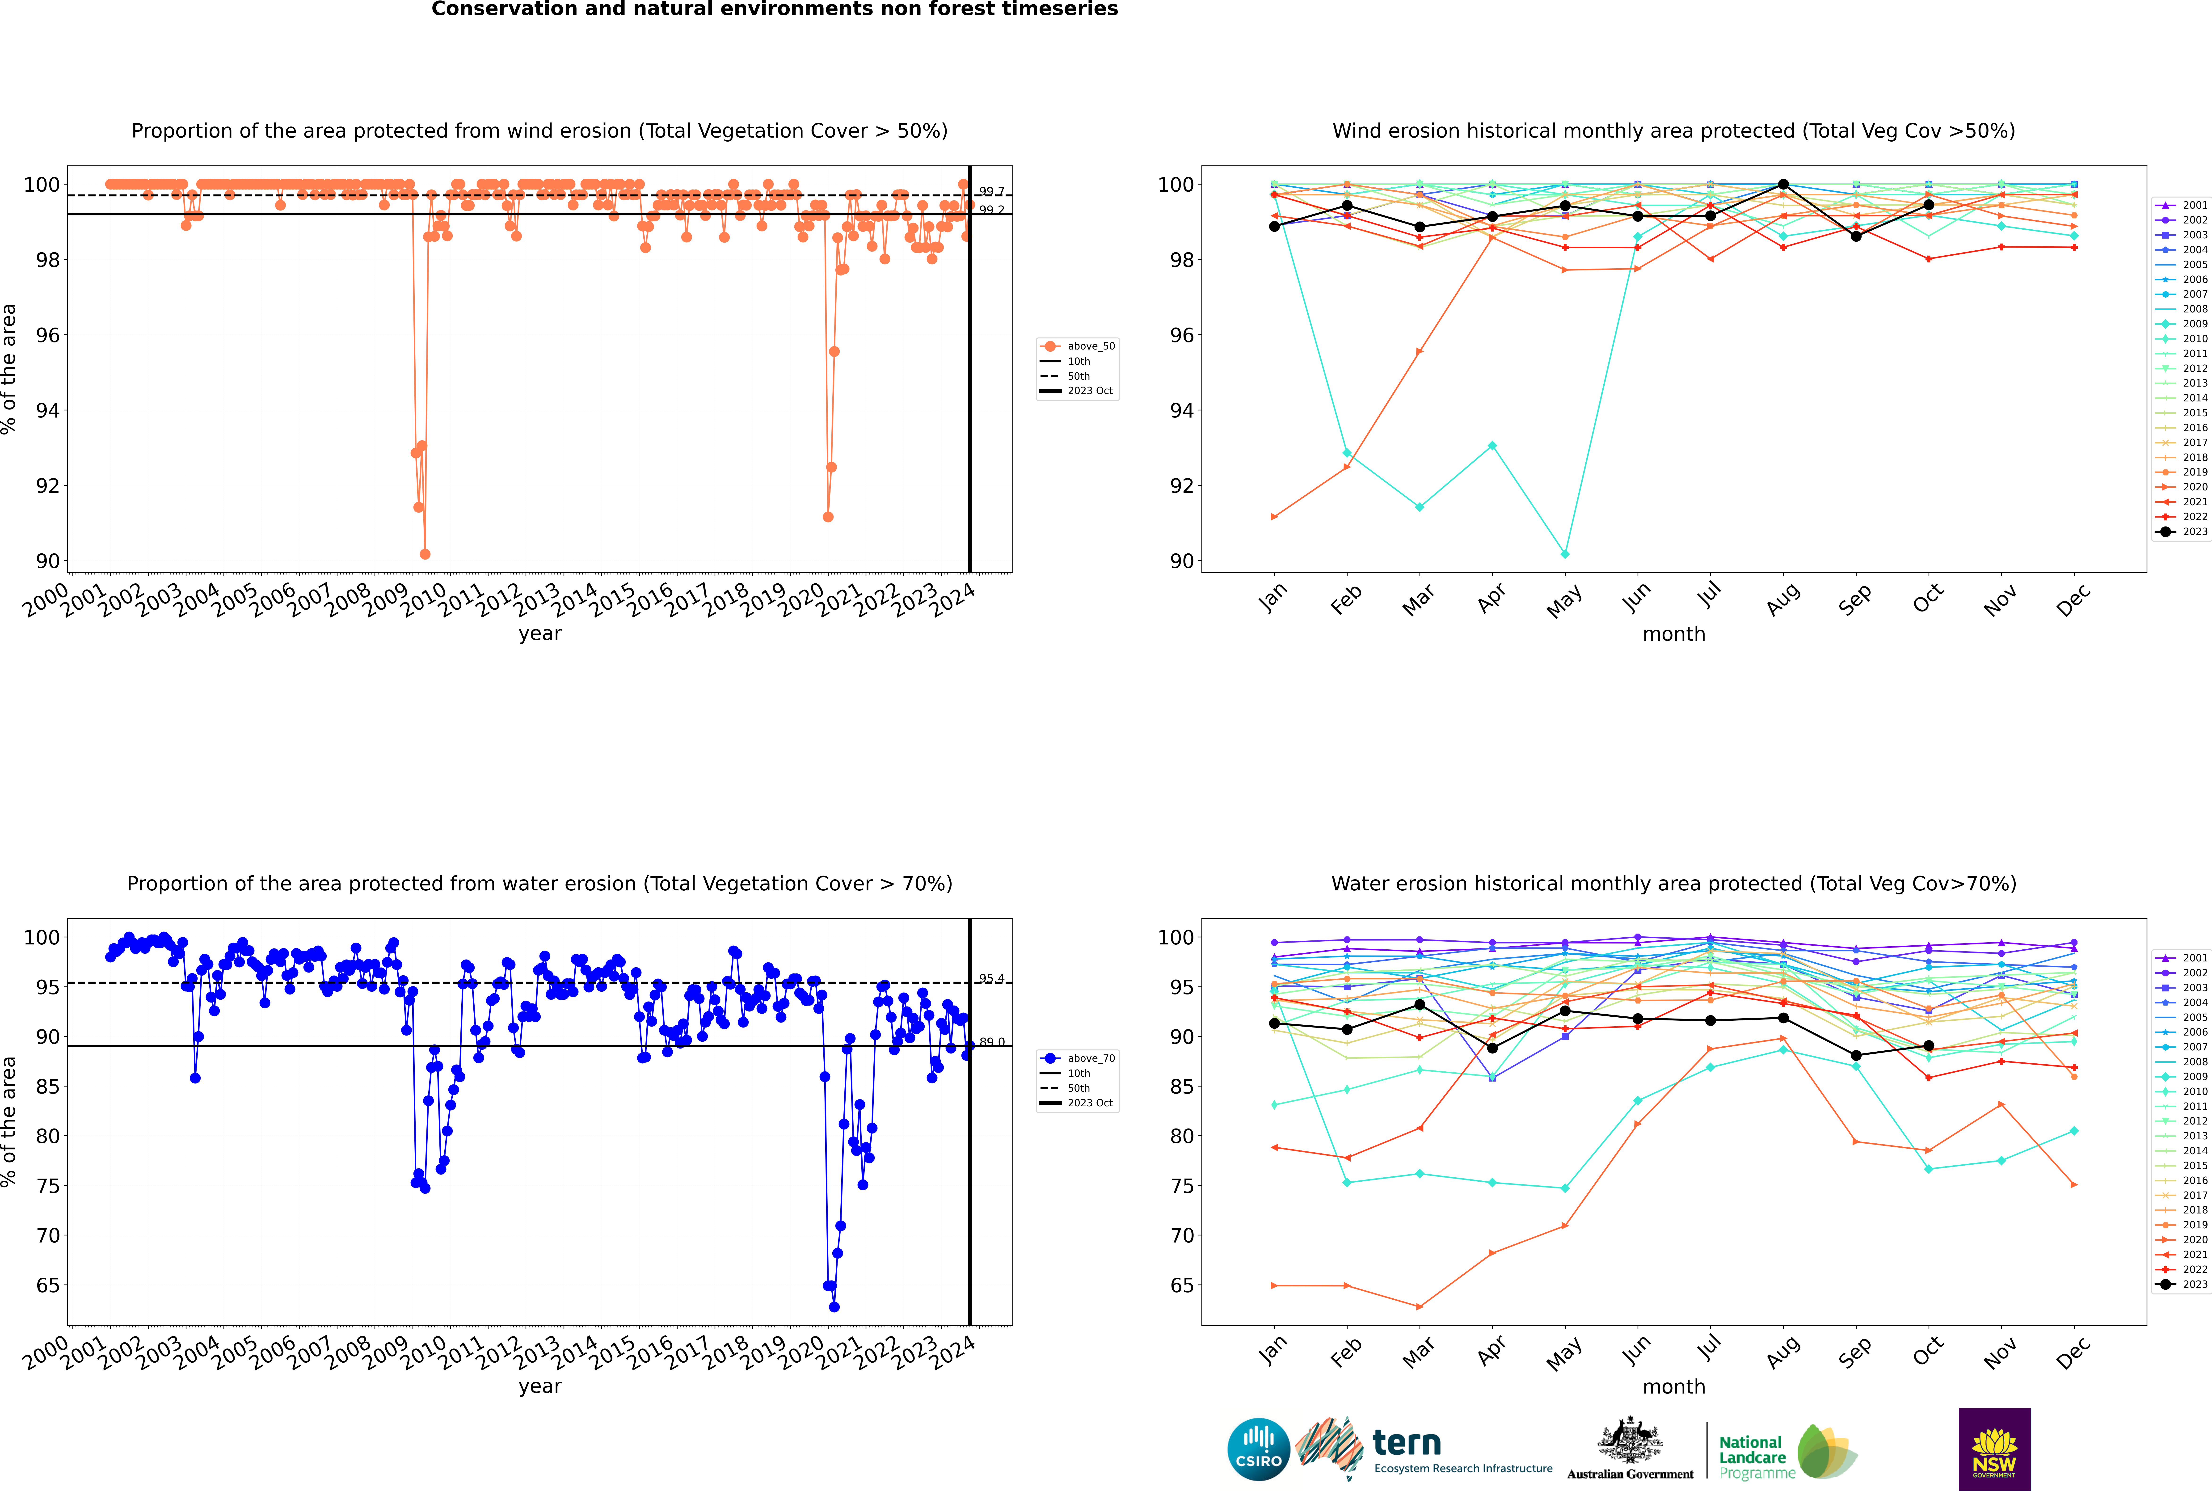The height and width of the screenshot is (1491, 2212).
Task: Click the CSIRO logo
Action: pyautogui.click(x=1258, y=1449)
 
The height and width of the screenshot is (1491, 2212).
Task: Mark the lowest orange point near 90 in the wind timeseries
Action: pyautogui.click(x=425, y=554)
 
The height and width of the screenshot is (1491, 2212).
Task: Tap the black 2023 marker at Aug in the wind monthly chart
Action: pyautogui.click(x=1783, y=185)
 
